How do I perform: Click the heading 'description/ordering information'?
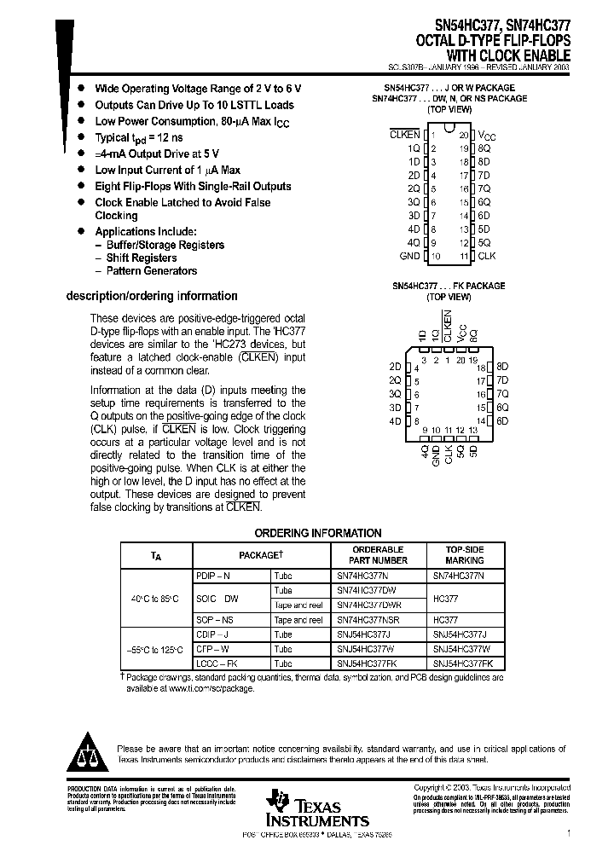click(x=152, y=296)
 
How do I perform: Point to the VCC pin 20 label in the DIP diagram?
click(x=484, y=136)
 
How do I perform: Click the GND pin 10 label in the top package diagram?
click(x=409, y=256)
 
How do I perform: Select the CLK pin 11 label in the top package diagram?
click(x=486, y=256)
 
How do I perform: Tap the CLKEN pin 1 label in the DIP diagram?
click(x=405, y=136)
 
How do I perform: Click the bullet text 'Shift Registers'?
click(x=142, y=258)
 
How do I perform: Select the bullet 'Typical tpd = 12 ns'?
click(x=138, y=137)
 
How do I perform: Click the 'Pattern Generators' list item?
click(x=151, y=271)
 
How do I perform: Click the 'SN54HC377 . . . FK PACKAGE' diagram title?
click(x=449, y=286)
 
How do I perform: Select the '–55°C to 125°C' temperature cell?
click(x=153, y=649)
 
